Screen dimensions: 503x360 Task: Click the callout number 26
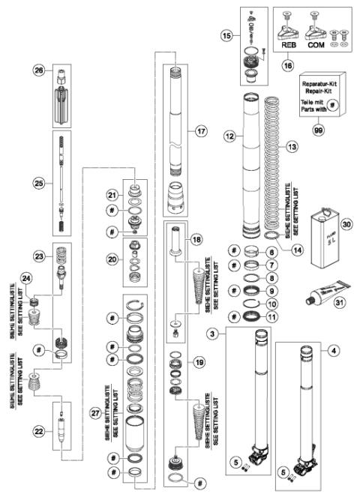click(x=39, y=70)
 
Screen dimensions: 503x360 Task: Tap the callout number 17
click(x=200, y=130)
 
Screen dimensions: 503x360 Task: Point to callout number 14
click(x=298, y=252)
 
